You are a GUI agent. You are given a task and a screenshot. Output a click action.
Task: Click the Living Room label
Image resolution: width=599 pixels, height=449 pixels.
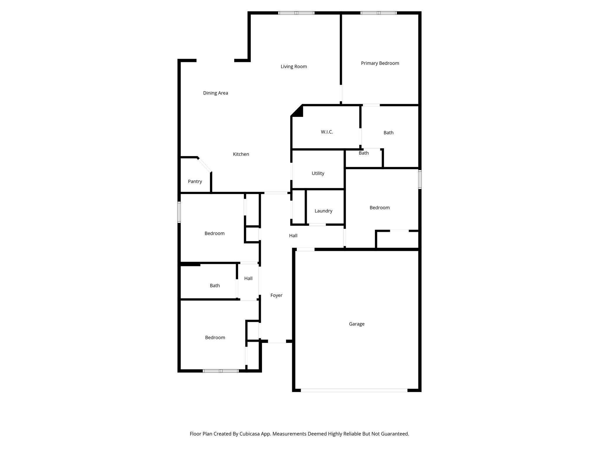pyautogui.click(x=294, y=67)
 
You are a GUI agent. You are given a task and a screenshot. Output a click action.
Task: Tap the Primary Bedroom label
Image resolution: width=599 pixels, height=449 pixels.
pyautogui.click(x=380, y=63)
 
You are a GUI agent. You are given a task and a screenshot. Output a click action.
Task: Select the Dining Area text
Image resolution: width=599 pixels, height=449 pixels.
pyautogui.click(x=216, y=93)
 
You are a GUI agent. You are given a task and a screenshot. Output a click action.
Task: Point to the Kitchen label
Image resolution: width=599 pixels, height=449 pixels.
pyautogui.click(x=241, y=154)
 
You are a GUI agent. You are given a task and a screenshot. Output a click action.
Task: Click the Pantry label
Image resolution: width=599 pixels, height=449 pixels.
pyautogui.click(x=195, y=182)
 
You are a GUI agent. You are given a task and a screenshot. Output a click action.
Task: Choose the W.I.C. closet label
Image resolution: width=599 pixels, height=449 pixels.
pyautogui.click(x=327, y=132)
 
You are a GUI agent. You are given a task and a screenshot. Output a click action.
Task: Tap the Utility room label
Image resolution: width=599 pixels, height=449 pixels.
pyautogui.click(x=318, y=173)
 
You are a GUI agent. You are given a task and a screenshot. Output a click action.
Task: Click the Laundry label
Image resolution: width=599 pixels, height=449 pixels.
pyautogui.click(x=323, y=211)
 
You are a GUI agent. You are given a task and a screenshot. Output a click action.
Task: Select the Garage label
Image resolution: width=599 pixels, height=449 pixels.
pyautogui.click(x=357, y=324)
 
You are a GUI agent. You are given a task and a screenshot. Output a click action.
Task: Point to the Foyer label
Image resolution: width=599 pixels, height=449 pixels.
pyautogui.click(x=276, y=296)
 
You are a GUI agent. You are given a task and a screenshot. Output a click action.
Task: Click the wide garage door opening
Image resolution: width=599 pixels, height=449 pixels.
pyautogui.click(x=354, y=390)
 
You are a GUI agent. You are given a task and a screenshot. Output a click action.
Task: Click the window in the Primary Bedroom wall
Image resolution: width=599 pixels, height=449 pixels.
pyautogui.click(x=378, y=13)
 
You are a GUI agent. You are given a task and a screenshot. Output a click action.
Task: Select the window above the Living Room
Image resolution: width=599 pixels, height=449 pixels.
pyautogui.click(x=296, y=13)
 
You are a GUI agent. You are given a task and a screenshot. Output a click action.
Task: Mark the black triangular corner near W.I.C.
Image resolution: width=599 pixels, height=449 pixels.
pyautogui.click(x=298, y=112)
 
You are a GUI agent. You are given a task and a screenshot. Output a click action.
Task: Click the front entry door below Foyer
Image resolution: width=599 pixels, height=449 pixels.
pyautogui.click(x=277, y=341)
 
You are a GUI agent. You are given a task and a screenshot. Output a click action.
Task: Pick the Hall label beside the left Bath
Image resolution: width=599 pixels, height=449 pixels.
pyautogui.click(x=248, y=279)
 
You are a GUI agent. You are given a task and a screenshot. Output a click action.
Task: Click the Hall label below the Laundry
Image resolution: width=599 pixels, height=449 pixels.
pyautogui.click(x=293, y=236)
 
